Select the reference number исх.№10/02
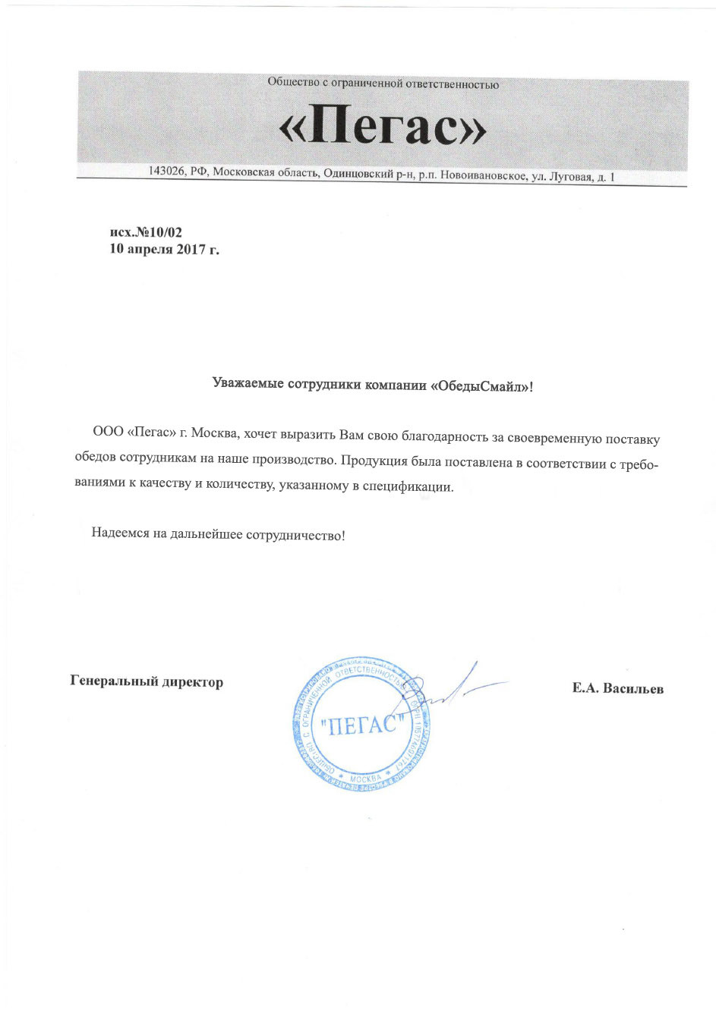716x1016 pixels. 146,232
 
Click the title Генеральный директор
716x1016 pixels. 147,681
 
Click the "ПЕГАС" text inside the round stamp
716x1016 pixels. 360,725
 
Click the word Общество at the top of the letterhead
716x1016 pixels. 289,82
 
